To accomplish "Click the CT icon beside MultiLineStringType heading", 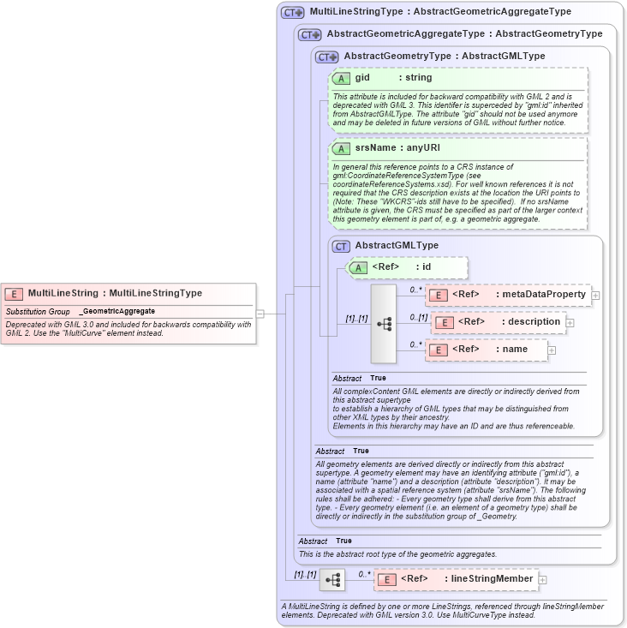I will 293,13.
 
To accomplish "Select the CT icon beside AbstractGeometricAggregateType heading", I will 309,34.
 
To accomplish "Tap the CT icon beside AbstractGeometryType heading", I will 327,57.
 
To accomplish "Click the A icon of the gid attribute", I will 341,78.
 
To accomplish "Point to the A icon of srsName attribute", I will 341,148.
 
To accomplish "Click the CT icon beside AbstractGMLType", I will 341,246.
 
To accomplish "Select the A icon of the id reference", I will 357,267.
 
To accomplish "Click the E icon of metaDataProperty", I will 437,295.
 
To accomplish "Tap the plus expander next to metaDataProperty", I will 595,296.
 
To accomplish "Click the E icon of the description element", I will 444,322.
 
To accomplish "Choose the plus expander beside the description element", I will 570,323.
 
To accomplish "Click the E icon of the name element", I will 437,350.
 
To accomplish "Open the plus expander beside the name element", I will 552,350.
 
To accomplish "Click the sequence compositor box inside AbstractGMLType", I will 383,323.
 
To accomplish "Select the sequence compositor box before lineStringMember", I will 331,581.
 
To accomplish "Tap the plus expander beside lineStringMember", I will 542,580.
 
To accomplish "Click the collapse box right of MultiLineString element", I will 260,314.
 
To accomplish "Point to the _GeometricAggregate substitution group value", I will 116,311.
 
